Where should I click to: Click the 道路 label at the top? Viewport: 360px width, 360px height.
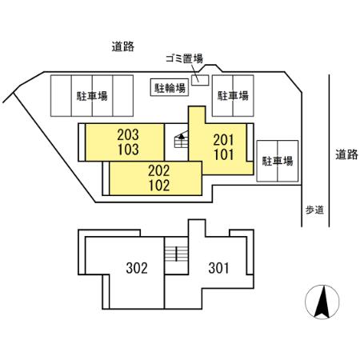(x=122, y=46)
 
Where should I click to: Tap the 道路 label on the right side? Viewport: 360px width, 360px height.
(x=346, y=154)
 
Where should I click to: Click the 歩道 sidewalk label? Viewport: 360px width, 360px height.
(x=314, y=210)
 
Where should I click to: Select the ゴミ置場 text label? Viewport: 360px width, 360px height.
(x=184, y=58)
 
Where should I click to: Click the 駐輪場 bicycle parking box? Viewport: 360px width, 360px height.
(x=170, y=87)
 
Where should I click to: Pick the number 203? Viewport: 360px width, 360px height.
(x=128, y=135)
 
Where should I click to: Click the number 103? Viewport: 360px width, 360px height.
(x=128, y=150)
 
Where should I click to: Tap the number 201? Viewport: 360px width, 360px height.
(x=223, y=140)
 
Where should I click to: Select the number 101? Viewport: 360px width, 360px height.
(x=223, y=154)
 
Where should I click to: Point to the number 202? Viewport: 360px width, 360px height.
(x=159, y=170)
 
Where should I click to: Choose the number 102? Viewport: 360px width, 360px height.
(x=159, y=186)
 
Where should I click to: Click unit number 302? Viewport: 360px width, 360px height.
(x=137, y=268)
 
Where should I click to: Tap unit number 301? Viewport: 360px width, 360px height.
(x=218, y=268)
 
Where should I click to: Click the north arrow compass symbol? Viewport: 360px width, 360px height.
(x=322, y=302)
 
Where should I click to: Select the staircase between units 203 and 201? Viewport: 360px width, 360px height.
(x=181, y=140)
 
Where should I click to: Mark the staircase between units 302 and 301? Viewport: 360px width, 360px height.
(x=176, y=254)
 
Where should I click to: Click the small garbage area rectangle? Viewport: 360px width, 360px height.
(x=200, y=80)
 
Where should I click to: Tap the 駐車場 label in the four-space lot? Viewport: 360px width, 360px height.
(x=92, y=96)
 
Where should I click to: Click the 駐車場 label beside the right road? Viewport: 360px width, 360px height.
(x=278, y=161)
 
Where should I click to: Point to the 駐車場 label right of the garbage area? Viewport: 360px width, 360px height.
(x=233, y=96)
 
